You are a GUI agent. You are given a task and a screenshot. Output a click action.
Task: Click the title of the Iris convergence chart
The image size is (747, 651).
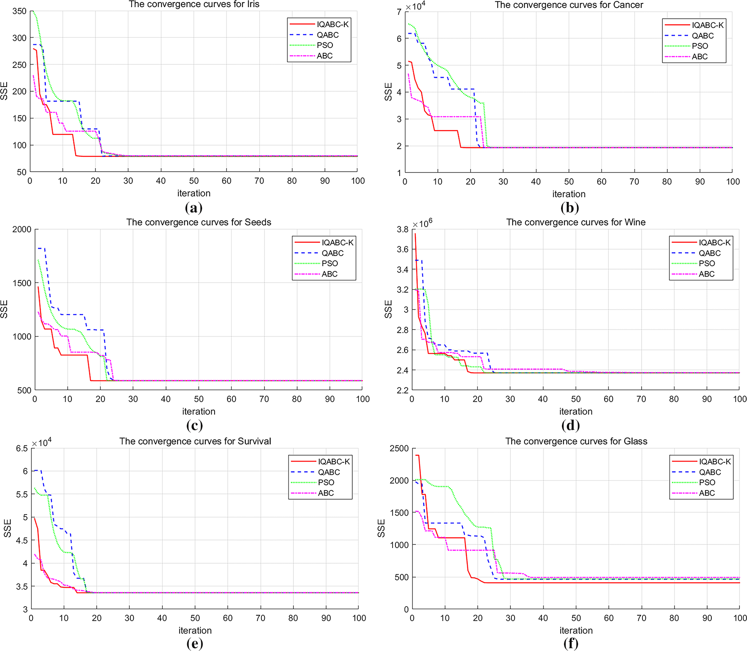coord(194,5)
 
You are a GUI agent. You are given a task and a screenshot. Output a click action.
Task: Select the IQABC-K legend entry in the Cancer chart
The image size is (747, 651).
coord(708,25)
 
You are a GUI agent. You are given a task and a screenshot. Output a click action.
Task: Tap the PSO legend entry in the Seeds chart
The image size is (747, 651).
coord(330,263)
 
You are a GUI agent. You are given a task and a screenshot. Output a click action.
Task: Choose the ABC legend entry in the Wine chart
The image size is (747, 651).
coord(706,274)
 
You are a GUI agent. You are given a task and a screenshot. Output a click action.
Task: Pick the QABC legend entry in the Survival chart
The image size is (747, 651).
coord(329,472)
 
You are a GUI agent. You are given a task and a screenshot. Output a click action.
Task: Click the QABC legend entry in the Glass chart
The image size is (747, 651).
coord(710,472)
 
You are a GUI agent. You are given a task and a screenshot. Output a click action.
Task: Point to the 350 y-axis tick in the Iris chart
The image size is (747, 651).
coord(20,11)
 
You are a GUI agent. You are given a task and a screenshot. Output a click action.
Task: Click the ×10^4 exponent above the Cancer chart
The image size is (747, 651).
coord(415,7)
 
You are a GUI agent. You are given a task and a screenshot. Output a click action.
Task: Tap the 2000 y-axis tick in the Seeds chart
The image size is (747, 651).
coord(22,229)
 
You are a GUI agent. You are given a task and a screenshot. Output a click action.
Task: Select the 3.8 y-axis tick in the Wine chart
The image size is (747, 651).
coord(403,229)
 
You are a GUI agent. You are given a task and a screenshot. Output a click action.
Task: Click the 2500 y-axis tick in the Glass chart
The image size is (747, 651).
coord(399,448)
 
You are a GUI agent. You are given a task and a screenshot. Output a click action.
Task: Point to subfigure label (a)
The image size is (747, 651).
coord(194,207)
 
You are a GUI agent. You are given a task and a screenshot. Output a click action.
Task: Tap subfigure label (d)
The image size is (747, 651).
coord(570,425)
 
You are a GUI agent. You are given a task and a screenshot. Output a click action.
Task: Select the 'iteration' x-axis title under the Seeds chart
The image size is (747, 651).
coord(198,411)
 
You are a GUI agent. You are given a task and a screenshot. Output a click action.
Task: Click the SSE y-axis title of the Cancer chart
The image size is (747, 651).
coord(388,92)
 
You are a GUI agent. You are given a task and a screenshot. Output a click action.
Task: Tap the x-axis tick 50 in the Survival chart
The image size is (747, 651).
coord(195,618)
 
